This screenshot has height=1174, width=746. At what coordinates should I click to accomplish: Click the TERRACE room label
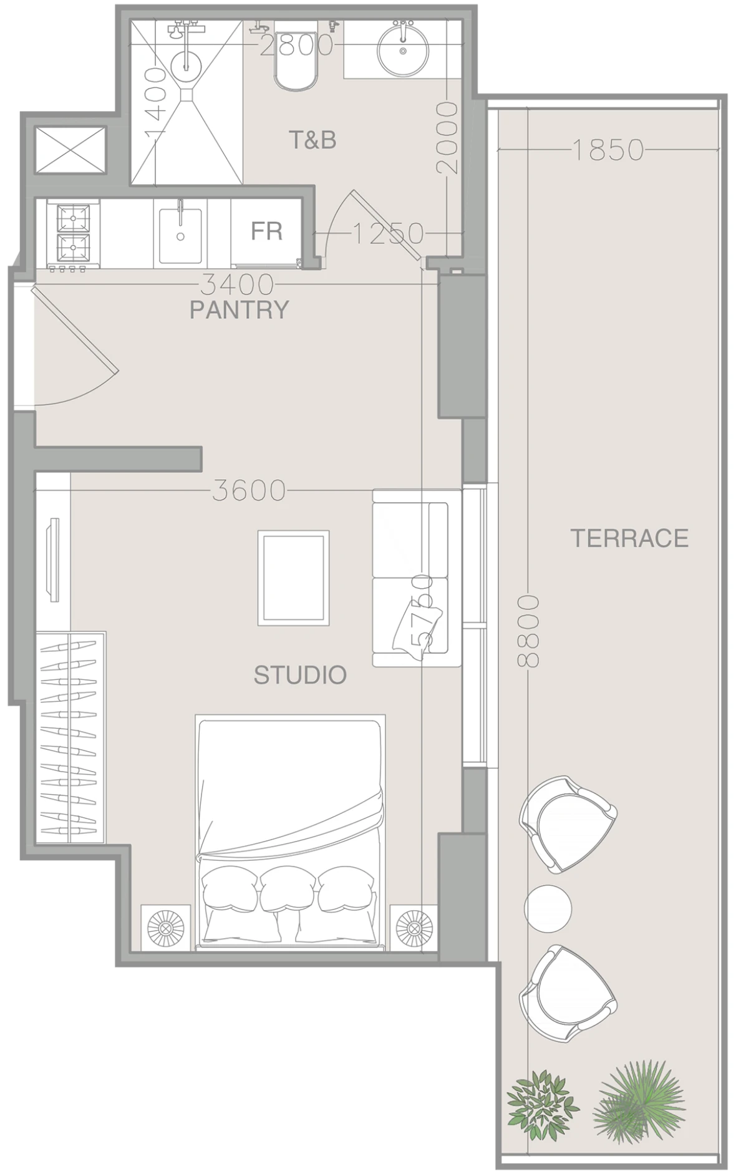(x=629, y=538)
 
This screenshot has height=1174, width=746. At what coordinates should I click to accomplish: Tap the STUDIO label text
(x=300, y=675)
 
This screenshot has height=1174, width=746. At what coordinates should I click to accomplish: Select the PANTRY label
(x=240, y=309)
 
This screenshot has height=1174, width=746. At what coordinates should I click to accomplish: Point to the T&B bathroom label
(x=312, y=140)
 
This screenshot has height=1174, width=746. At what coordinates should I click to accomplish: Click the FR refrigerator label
(x=267, y=231)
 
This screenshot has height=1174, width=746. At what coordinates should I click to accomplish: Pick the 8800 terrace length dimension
(x=528, y=631)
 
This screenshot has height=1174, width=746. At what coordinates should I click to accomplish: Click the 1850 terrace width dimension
(x=607, y=150)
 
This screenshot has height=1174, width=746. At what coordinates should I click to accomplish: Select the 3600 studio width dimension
(x=249, y=491)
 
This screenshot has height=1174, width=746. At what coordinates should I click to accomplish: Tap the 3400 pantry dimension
(x=237, y=285)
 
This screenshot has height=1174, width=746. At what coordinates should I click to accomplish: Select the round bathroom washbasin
(x=403, y=47)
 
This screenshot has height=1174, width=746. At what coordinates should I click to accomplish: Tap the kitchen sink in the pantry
(x=180, y=235)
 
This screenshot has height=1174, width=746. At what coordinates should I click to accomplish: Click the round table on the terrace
(x=548, y=909)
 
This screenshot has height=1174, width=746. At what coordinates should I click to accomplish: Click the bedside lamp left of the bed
(x=165, y=928)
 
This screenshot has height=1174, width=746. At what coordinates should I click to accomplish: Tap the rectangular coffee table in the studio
(x=294, y=578)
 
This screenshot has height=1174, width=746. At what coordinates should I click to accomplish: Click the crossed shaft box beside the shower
(x=70, y=151)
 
